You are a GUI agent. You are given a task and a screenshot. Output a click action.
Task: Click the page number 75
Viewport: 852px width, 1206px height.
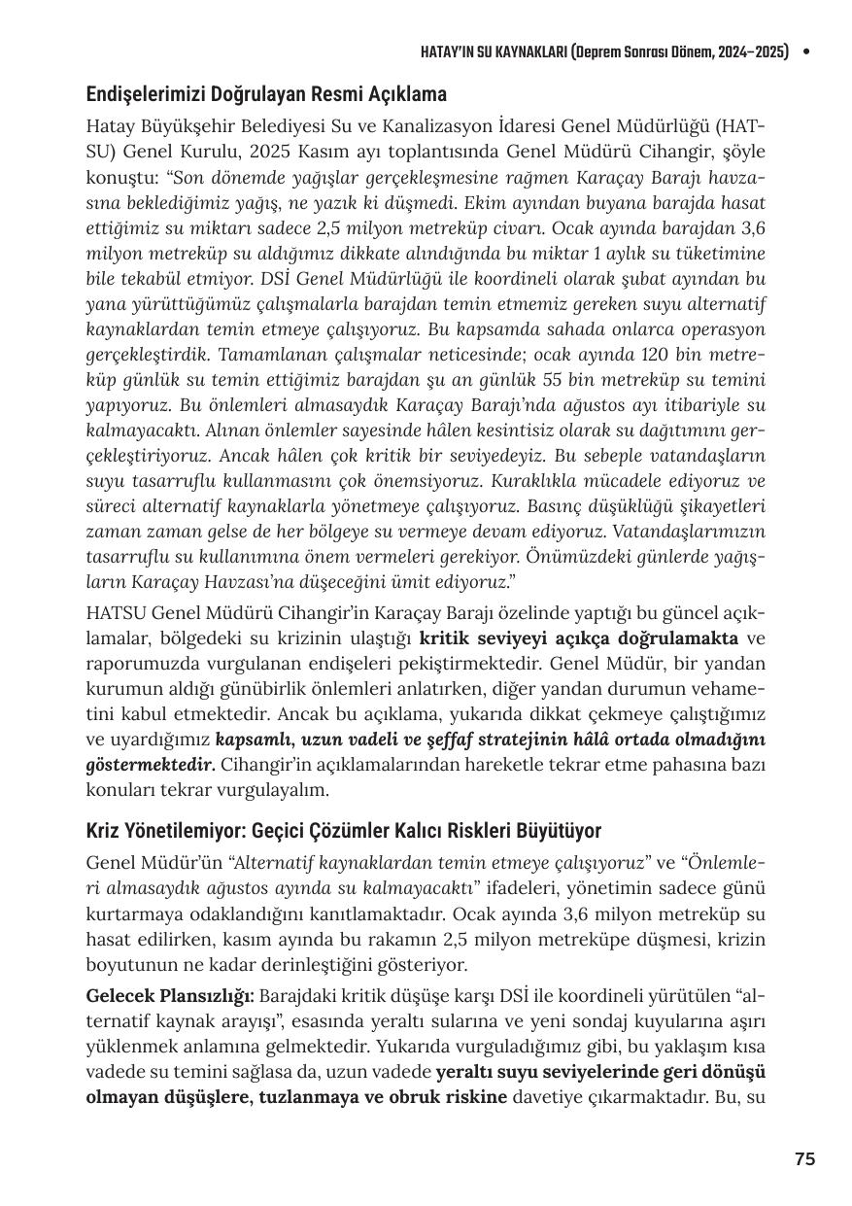coord(804,1159)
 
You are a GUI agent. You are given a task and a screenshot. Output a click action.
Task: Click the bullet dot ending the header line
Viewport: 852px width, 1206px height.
coord(805,52)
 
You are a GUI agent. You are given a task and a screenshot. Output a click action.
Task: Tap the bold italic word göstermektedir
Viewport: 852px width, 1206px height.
coord(151,765)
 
